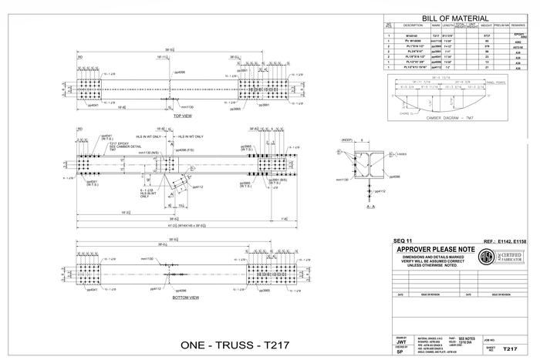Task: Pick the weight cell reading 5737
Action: pyautogui.click(x=486, y=35)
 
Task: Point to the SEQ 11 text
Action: pyautogui.click(x=404, y=241)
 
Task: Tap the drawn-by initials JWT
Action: pyautogui.click(x=400, y=341)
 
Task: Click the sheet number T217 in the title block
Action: pyautogui.click(x=509, y=348)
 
